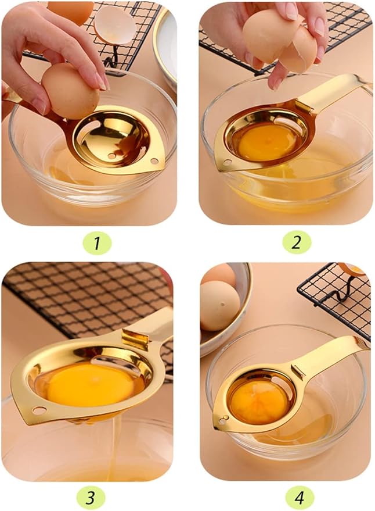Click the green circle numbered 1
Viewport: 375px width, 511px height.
(95, 243)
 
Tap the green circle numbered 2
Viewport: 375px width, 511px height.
(297, 243)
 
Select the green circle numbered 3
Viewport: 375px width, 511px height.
(91, 498)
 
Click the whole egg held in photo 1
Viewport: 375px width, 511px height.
(70, 90)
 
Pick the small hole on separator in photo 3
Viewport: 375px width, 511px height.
(39, 410)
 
